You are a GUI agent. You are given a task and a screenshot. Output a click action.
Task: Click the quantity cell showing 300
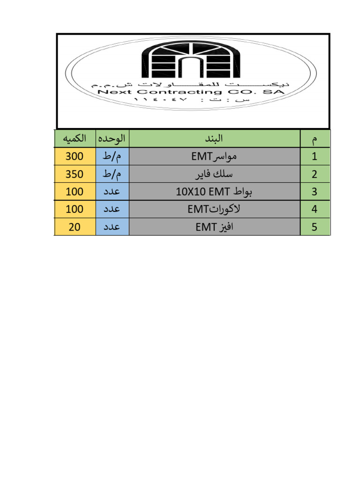pos(75,157)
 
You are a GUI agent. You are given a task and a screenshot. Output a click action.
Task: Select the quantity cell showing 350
pos(75,174)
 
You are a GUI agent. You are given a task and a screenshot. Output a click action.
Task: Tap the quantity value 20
pos(75,227)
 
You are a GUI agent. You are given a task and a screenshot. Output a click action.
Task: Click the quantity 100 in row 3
pos(75,192)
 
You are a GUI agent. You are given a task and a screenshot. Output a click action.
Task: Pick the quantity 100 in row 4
pos(75,210)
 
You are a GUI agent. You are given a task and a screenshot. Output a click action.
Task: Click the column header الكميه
pos(75,139)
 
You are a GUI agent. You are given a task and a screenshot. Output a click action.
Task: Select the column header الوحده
pos(112,139)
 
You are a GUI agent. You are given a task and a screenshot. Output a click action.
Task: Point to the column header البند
pos(215,139)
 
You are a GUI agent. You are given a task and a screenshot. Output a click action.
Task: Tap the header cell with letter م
pos(315,139)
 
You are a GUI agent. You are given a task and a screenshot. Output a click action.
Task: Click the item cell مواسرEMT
pos(215,157)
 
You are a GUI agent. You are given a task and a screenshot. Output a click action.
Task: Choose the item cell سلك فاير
pos(215,174)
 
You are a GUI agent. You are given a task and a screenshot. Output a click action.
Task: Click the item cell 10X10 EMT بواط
pos(215,192)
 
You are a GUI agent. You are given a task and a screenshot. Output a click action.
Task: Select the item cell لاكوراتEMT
pos(215,210)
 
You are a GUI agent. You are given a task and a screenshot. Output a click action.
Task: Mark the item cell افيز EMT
pos(215,227)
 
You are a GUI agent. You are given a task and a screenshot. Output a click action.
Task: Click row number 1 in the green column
pos(315,157)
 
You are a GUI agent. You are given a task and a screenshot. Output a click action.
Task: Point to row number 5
pos(315,227)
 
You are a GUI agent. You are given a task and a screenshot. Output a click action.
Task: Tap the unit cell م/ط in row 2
pos(112,174)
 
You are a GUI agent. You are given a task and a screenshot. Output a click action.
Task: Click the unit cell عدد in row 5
pos(112,227)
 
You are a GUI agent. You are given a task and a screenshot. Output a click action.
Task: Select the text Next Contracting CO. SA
pos(191,92)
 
